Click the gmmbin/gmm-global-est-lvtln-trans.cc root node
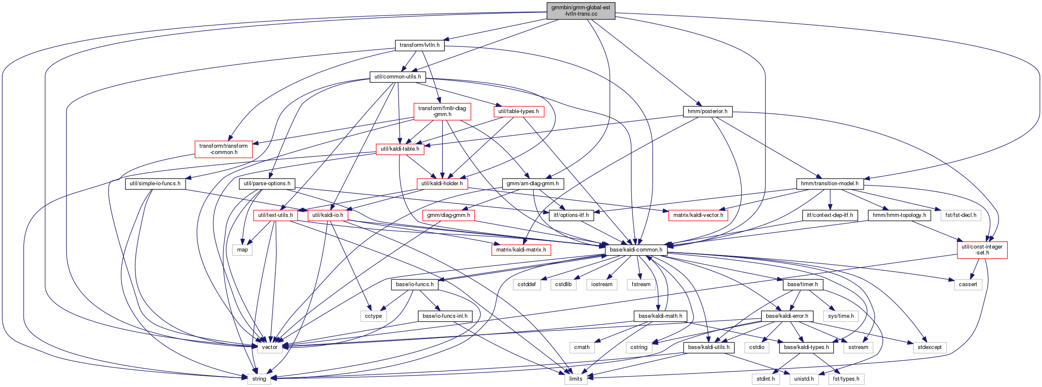(581, 11)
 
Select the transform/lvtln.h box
(419, 45)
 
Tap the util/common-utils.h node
(398, 77)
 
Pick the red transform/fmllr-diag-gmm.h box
(442, 111)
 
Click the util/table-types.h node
(519, 111)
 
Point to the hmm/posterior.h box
(708, 111)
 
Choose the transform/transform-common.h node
(224, 149)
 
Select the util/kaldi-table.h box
(400, 149)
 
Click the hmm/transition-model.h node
(830, 184)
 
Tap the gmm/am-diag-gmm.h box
(533, 184)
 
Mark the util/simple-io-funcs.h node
(155, 184)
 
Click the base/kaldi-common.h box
(636, 250)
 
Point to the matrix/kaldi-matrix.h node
(521, 250)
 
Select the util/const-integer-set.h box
(982, 250)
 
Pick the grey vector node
(270, 347)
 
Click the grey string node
(259, 379)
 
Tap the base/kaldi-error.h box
(787, 316)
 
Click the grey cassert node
(968, 284)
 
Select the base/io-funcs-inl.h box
(445, 316)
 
